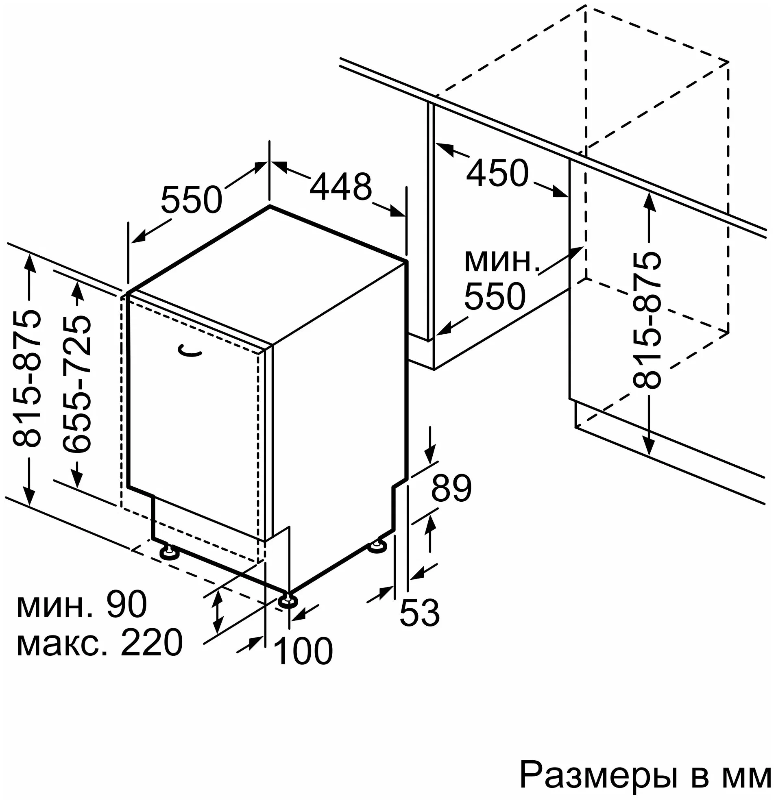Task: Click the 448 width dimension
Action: coord(340,187)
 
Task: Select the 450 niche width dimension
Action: coord(497,173)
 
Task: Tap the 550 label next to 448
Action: coord(192,200)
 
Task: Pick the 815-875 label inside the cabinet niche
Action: coord(647,320)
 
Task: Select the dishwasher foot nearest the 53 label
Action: coord(377,547)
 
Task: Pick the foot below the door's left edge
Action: coord(168,553)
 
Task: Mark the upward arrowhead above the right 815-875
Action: coord(649,201)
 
